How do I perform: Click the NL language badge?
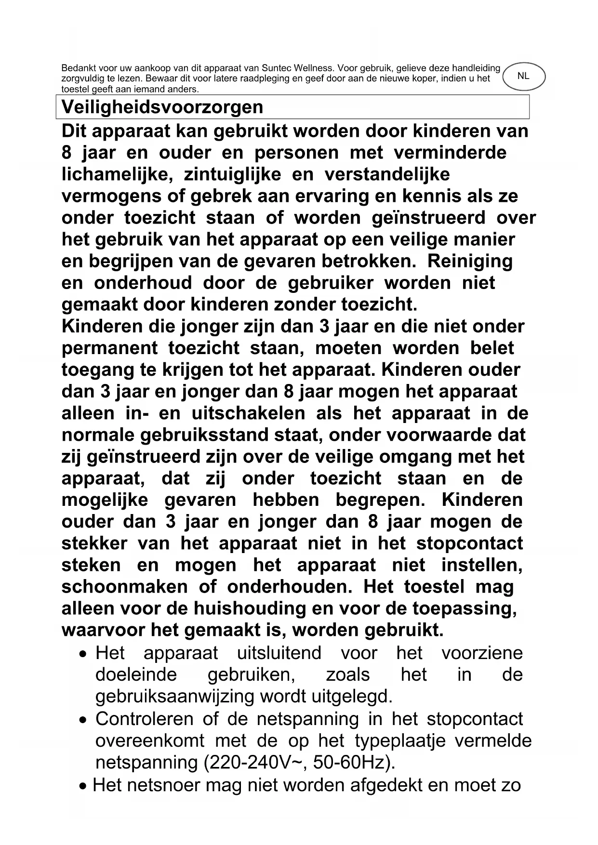click(x=523, y=77)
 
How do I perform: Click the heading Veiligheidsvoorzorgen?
click(x=162, y=107)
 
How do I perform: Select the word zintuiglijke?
click(x=233, y=174)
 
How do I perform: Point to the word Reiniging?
click(x=470, y=261)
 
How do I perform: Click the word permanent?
click(x=109, y=348)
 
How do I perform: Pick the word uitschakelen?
click(x=248, y=413)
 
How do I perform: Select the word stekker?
click(x=94, y=543)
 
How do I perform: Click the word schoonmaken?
click(x=124, y=587)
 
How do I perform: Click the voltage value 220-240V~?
click(x=255, y=762)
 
